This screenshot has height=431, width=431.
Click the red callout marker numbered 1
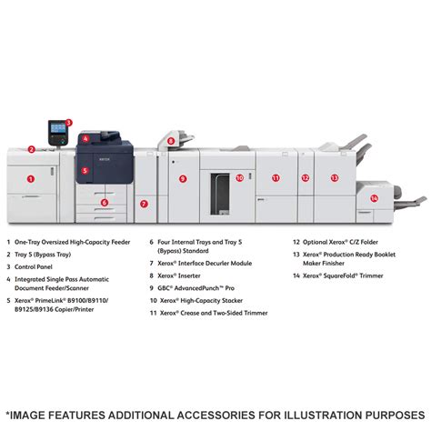coord(31,179)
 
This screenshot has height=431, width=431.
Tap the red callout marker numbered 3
coord(69,123)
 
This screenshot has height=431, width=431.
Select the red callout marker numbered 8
coord(171,141)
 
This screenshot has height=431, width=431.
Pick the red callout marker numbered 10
coord(240,177)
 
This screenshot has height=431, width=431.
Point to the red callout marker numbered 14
coord(375,198)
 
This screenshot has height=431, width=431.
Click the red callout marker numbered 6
coord(105,203)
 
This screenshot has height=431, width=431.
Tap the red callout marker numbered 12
coord(306,178)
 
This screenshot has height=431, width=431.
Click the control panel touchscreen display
coord(58,128)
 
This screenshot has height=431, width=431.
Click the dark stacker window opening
coord(220,194)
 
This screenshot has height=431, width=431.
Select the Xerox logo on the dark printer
coord(105,159)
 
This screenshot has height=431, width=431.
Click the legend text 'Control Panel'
coord(34,267)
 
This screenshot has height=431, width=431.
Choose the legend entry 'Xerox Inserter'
coord(179,276)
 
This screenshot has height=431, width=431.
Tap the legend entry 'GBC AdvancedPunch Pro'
coord(195,288)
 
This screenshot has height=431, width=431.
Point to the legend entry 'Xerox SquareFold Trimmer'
coord(343,276)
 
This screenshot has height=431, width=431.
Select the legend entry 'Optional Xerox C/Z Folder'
coord(340,242)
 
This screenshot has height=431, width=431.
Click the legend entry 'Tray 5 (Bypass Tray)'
coord(43,255)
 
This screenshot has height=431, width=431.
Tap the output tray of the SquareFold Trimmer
coord(412,202)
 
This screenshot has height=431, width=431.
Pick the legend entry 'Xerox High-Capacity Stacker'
coord(201,301)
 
